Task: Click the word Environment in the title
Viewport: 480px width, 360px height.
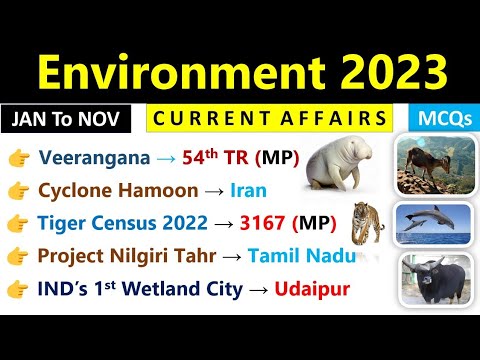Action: tap(180, 73)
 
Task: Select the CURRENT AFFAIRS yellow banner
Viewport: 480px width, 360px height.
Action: tap(268, 119)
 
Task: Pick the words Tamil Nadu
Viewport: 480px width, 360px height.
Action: tap(297, 255)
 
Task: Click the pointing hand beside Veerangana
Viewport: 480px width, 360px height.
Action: tap(20, 157)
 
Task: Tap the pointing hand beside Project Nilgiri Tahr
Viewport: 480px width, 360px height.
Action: tap(20, 255)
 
